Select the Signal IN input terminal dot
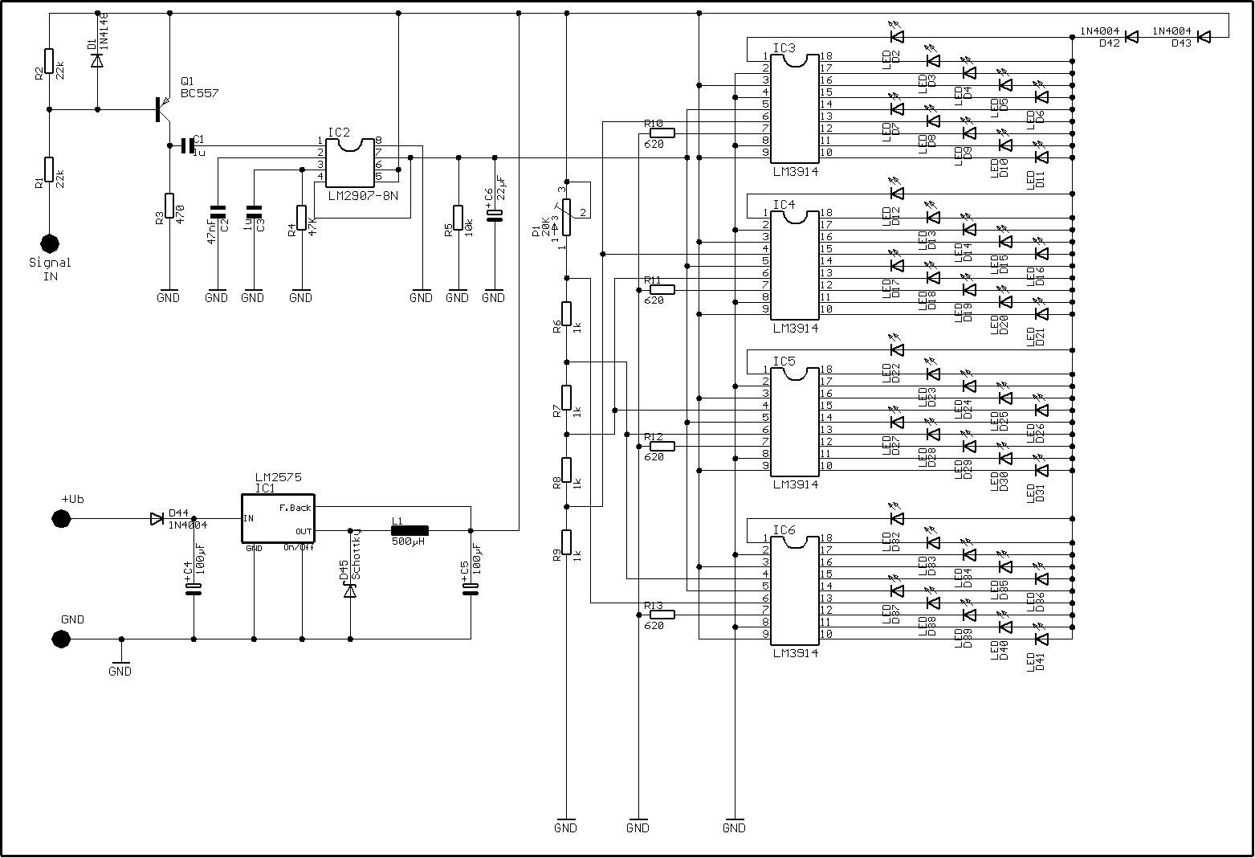(x=50, y=243)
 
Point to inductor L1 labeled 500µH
(x=410, y=530)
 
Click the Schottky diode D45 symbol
(x=350, y=590)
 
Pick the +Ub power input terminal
(x=60, y=519)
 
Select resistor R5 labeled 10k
(x=458, y=218)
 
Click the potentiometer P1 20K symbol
(x=567, y=218)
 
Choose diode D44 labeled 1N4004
(x=157, y=519)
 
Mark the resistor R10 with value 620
(x=662, y=133)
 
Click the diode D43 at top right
(x=1204, y=37)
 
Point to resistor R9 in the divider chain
(x=567, y=542)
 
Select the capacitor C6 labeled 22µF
(x=495, y=214)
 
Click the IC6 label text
(x=784, y=530)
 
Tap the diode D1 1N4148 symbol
(x=97, y=60)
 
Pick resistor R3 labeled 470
(x=169, y=206)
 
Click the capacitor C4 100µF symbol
(x=194, y=590)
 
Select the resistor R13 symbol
(x=662, y=615)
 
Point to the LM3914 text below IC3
(x=796, y=172)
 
